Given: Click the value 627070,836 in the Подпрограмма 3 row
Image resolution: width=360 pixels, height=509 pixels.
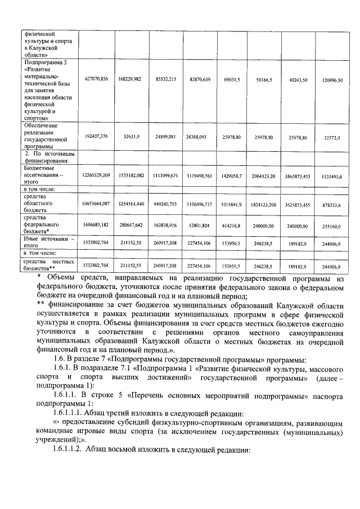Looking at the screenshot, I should click(96, 79).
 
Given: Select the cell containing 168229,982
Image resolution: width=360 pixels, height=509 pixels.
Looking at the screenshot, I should click(129, 79).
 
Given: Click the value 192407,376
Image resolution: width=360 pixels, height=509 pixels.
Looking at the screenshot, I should click(96, 137).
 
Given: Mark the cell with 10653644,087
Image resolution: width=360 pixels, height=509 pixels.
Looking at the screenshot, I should click(96, 204).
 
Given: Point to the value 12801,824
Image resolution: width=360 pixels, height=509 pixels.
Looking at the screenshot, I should click(200, 225).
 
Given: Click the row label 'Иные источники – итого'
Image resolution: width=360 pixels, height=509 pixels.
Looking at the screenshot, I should click(49, 242).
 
